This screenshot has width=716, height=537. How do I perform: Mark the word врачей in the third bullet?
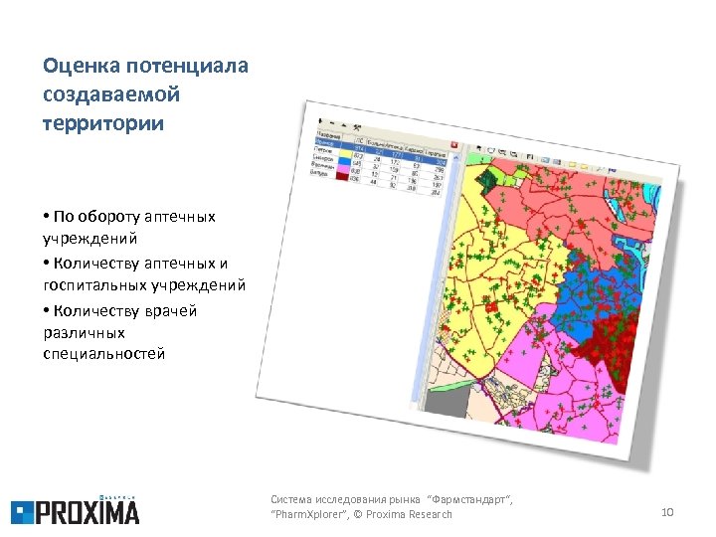(168, 310)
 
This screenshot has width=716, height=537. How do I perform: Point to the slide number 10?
(667, 511)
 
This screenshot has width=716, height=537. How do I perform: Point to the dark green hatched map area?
(489, 180)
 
